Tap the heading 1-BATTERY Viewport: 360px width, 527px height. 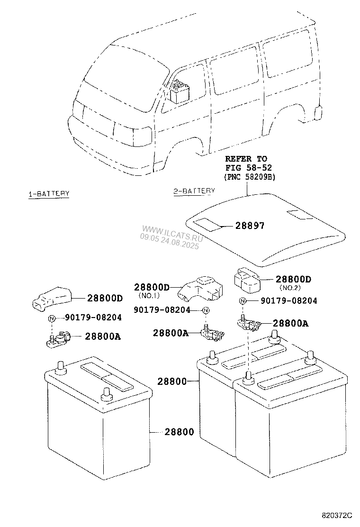point(49,193)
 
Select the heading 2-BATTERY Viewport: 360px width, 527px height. point(194,191)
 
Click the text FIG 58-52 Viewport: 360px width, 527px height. point(246,167)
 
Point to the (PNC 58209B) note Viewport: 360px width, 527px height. point(250,176)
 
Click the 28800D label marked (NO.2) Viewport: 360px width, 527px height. point(293,280)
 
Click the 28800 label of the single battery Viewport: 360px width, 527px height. point(179,432)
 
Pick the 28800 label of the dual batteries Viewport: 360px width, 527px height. point(172,381)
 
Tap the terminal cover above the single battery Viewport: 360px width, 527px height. point(51,298)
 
